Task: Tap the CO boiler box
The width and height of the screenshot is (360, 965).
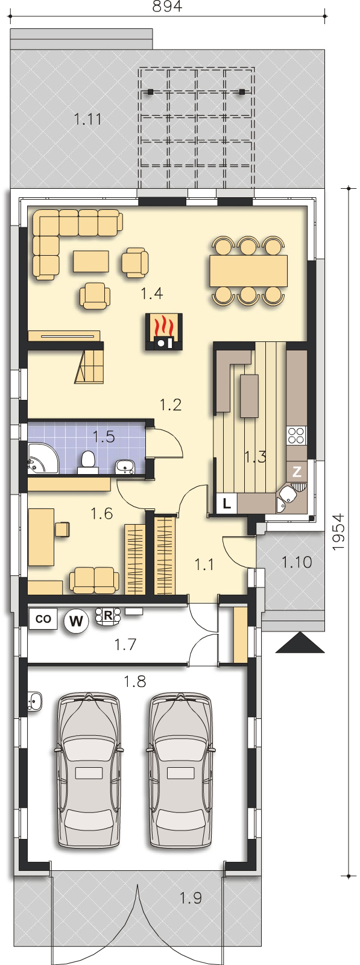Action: coord(43,619)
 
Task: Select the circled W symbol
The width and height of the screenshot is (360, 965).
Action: coord(76,621)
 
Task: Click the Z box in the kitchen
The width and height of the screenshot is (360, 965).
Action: coord(297,472)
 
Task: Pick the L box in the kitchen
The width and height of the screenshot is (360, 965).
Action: coord(227,503)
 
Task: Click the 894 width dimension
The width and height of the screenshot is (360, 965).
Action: coord(168,7)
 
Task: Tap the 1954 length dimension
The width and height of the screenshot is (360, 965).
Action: coord(339,531)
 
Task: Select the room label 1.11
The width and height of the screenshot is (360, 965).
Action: coord(88,119)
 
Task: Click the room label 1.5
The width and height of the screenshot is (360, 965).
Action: coord(104,437)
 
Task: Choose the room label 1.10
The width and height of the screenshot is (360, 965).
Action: coord(297,562)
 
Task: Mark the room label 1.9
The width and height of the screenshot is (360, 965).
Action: coord(191,898)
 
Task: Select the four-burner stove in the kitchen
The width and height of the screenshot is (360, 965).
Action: coord(297,435)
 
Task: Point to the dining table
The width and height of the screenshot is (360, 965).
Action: coord(248,271)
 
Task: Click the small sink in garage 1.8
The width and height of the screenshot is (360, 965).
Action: coord(34,700)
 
